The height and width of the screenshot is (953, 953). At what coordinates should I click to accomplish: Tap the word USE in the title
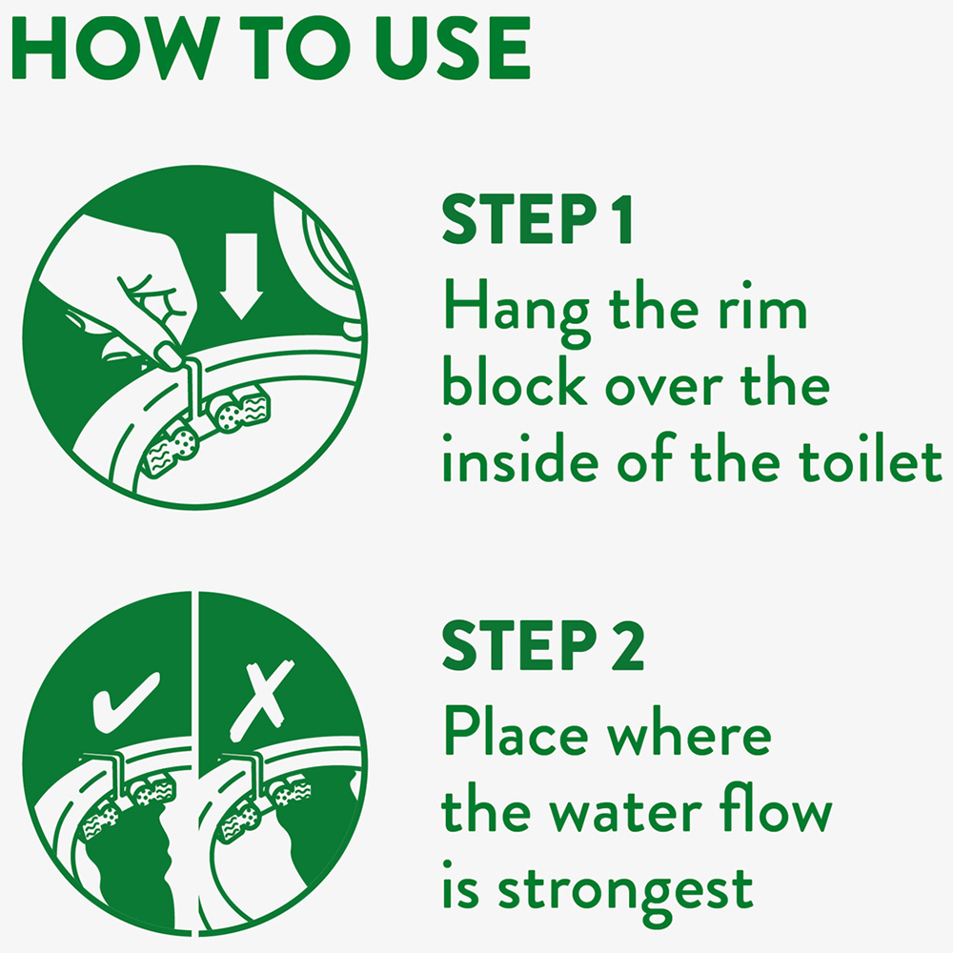tap(453, 48)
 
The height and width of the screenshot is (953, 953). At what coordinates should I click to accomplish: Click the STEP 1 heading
tap(537, 219)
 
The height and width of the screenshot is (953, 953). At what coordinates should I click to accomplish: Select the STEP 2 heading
tap(543, 645)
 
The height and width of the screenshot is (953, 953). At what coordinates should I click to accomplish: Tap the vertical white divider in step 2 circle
tap(195, 762)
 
